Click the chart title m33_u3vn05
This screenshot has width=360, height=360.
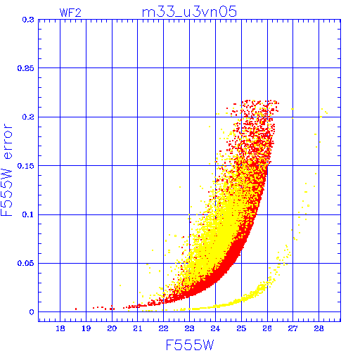189,12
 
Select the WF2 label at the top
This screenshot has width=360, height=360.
70,13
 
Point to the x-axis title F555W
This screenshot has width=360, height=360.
190,345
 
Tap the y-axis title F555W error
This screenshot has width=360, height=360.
6,169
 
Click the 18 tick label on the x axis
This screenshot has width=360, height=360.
60,328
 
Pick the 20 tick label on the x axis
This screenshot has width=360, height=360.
112,328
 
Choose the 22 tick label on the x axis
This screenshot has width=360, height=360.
164,328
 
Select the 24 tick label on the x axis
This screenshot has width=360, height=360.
215,328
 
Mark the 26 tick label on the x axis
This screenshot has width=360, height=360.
267,328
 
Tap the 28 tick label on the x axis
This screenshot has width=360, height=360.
319,328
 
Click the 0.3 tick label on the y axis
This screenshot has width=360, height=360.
28,20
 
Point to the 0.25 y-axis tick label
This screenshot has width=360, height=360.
26,68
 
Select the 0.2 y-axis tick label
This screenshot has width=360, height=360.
28,117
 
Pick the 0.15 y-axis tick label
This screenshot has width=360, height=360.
26,166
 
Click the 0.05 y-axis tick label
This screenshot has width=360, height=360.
26,263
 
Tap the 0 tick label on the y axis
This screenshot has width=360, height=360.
32,312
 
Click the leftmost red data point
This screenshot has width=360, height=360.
76,309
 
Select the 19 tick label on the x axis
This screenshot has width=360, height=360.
86,328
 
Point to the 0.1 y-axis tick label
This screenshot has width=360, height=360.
28,214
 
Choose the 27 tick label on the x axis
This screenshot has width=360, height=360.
293,328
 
